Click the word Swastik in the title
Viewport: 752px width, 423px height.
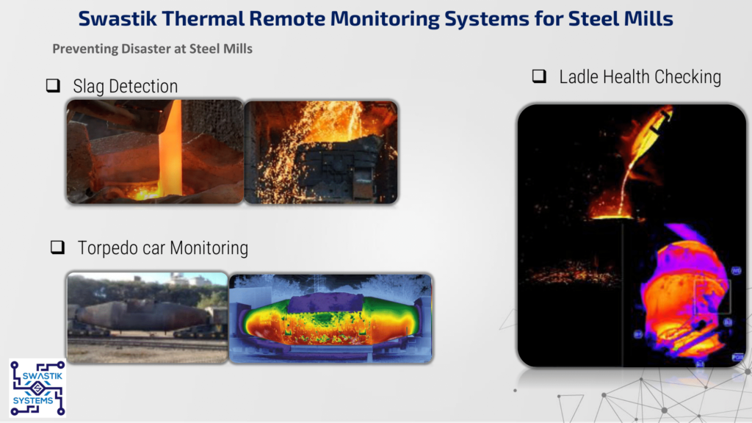tap(117, 18)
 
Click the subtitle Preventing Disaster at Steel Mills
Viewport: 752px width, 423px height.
tap(152, 49)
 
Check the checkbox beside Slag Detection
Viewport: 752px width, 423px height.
tap(53, 85)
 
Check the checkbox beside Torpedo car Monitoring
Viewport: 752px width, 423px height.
tap(57, 247)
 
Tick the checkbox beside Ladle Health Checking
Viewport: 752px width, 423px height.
tap(539, 76)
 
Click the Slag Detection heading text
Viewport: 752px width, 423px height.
tap(125, 87)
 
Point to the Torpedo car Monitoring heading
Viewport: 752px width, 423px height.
tap(163, 248)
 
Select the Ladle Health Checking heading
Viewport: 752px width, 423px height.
tap(640, 76)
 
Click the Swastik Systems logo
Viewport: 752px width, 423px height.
tap(37, 388)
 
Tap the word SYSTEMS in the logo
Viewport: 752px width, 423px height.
tap(33, 400)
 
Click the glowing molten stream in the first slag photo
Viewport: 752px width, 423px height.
tap(172, 148)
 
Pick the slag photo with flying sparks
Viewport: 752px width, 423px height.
tap(321, 152)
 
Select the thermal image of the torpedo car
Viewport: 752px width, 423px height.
tap(331, 318)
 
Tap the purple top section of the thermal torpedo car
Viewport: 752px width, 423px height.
tap(326, 303)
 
